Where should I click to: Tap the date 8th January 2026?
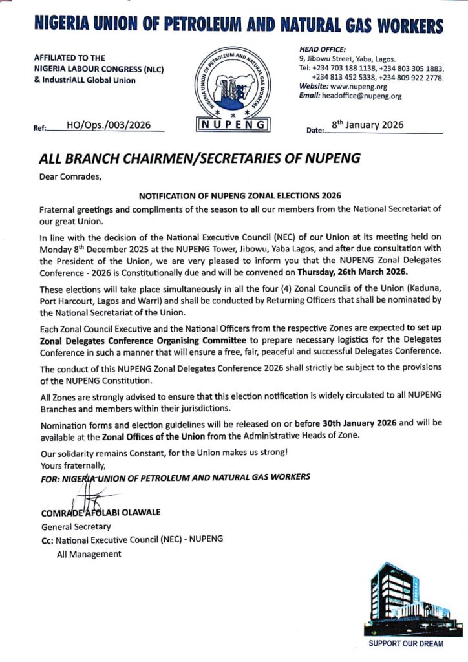[x=367, y=125]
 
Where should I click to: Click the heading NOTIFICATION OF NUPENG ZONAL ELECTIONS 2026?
[x=240, y=195]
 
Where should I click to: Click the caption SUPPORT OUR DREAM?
[x=406, y=644]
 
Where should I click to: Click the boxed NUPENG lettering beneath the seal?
[x=233, y=125]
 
